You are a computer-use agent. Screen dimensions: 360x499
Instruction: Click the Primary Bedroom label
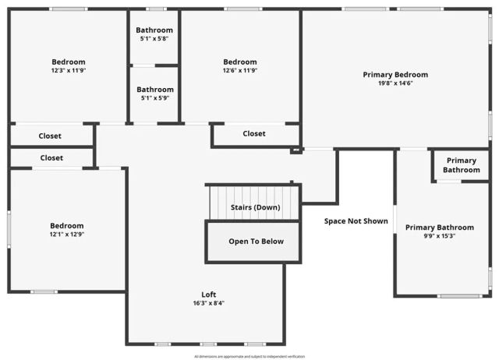point(395,75)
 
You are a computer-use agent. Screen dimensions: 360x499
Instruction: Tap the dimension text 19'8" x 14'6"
point(395,83)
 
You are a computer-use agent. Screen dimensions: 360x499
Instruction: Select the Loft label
point(209,295)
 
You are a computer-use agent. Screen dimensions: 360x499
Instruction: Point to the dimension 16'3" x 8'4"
point(209,303)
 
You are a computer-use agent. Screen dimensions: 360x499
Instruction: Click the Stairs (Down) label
point(255,208)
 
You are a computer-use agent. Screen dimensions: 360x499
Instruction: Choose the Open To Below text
point(256,242)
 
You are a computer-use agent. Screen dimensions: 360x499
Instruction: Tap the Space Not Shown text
point(356,221)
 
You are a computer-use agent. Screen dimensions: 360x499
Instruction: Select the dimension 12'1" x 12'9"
point(67,235)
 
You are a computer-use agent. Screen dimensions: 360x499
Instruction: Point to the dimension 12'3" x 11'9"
point(69,71)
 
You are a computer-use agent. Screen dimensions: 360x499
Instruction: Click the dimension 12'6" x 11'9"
point(239,71)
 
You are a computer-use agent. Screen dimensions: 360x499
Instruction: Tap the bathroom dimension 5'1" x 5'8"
point(154,39)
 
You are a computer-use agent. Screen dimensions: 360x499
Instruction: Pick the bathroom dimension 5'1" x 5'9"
point(154,98)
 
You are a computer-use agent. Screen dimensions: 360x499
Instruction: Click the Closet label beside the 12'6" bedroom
point(254,134)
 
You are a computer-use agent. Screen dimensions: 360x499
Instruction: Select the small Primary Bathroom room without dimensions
point(462,165)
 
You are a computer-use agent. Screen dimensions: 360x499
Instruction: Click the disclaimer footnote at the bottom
point(249,356)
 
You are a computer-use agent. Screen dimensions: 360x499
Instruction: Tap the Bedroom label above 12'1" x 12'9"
point(67,226)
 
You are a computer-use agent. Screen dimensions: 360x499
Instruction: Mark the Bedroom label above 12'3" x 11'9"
point(69,62)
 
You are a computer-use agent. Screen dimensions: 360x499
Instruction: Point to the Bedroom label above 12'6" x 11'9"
point(239,62)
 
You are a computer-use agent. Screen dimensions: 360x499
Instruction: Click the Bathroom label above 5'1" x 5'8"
point(154,30)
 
